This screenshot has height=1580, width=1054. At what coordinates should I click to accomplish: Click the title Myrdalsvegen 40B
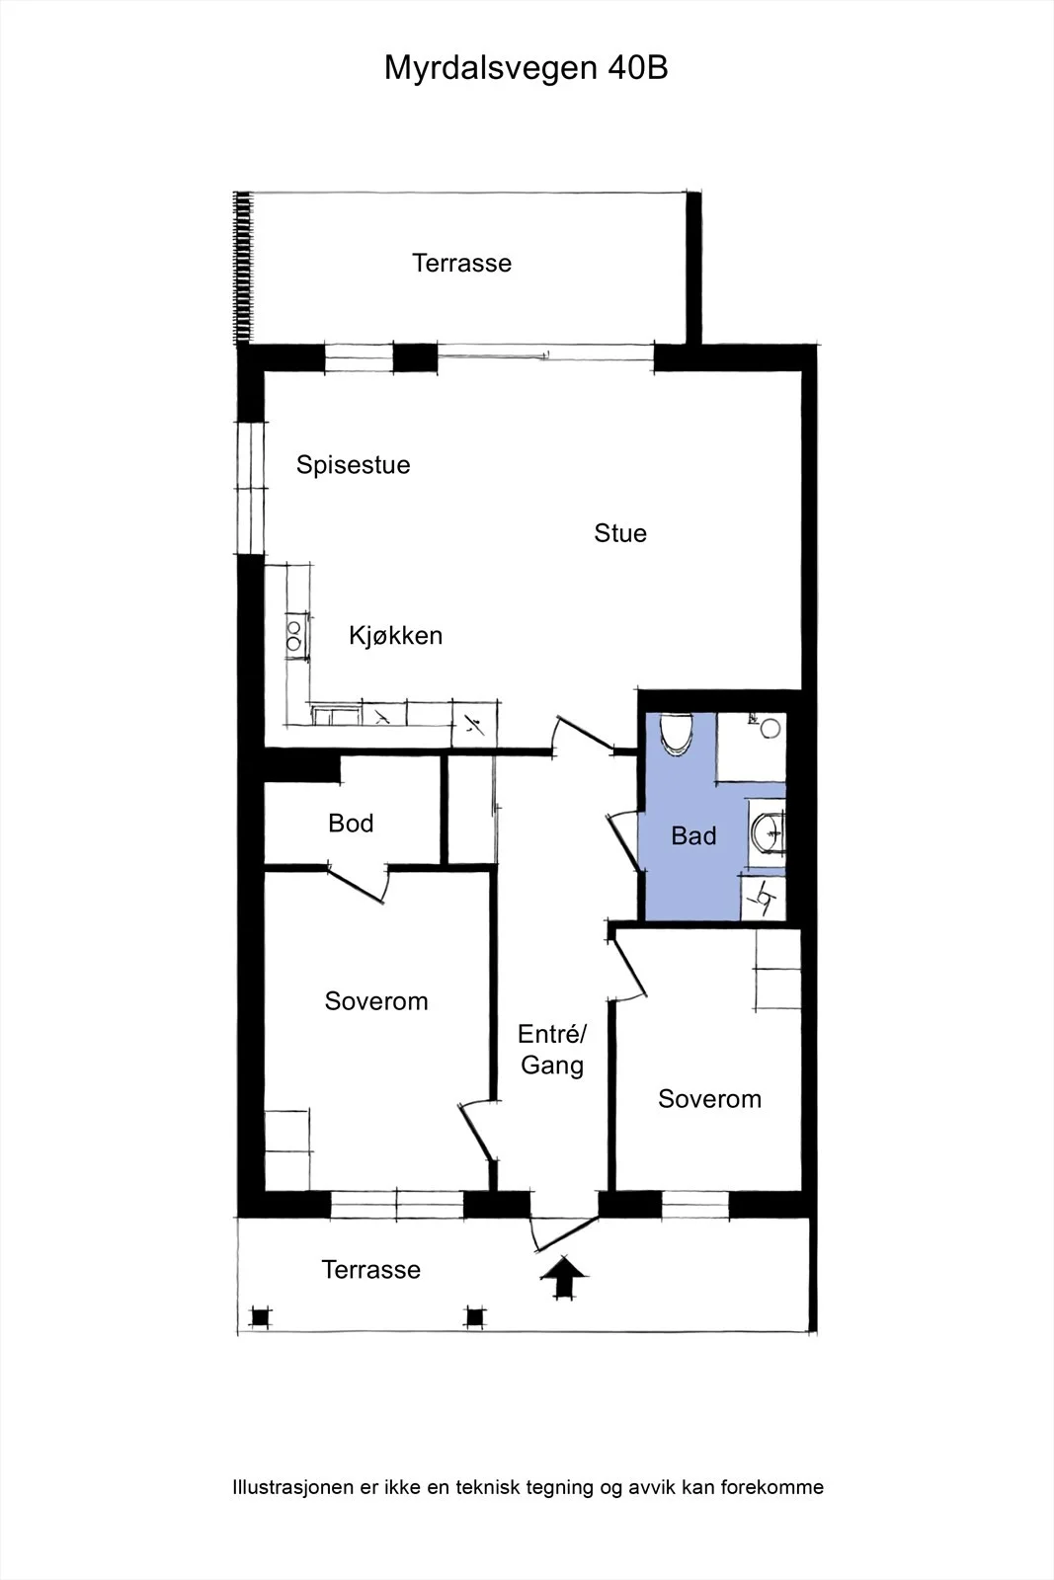(526, 69)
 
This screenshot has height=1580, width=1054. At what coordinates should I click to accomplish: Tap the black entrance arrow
(563, 1276)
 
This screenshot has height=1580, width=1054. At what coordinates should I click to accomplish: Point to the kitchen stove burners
(294, 636)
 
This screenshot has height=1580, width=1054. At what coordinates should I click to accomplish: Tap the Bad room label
(693, 835)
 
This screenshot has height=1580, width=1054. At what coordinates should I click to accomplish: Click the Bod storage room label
(351, 824)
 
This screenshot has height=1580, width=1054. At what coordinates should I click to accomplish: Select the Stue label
(620, 533)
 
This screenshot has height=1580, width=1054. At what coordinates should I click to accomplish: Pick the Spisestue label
(353, 465)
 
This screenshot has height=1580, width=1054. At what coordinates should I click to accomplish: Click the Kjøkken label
(395, 636)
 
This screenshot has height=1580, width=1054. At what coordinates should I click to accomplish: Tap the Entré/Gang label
(551, 1050)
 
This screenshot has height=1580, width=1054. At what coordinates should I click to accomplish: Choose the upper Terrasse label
(461, 263)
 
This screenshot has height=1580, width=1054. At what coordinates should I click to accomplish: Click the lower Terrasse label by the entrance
(371, 1270)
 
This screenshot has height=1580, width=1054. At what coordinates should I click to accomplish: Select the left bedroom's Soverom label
(376, 1001)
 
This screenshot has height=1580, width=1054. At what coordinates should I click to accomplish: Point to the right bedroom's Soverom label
(709, 1099)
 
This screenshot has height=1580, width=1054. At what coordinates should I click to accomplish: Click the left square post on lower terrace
(261, 1317)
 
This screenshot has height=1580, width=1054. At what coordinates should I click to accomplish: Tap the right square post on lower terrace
(475, 1317)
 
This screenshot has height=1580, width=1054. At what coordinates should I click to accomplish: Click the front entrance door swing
(563, 1233)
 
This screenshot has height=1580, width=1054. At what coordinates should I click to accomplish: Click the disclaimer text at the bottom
(527, 1487)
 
